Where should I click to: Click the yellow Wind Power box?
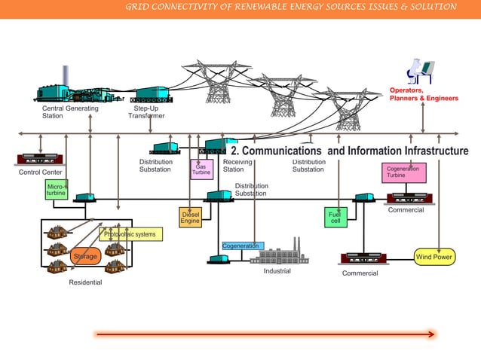click(435, 258)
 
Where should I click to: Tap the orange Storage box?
click(85, 257)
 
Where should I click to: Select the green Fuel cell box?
click(335, 217)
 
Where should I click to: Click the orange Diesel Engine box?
click(190, 217)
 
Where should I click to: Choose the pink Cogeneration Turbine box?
click(403, 172)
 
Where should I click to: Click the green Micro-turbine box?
click(56, 189)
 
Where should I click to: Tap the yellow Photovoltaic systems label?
click(130, 234)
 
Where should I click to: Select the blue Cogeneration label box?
click(242, 246)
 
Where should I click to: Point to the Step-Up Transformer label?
click(146, 112)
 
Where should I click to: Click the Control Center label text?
click(41, 172)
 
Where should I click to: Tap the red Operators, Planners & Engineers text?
click(423, 94)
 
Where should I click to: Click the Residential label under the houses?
click(85, 282)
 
